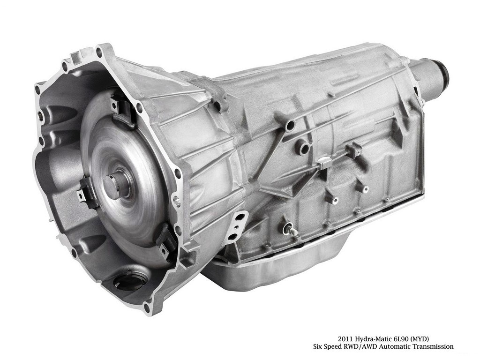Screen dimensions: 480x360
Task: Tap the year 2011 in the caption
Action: [345, 339]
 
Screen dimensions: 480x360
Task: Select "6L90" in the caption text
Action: [400, 339]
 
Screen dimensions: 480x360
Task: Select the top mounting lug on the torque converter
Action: [121, 111]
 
